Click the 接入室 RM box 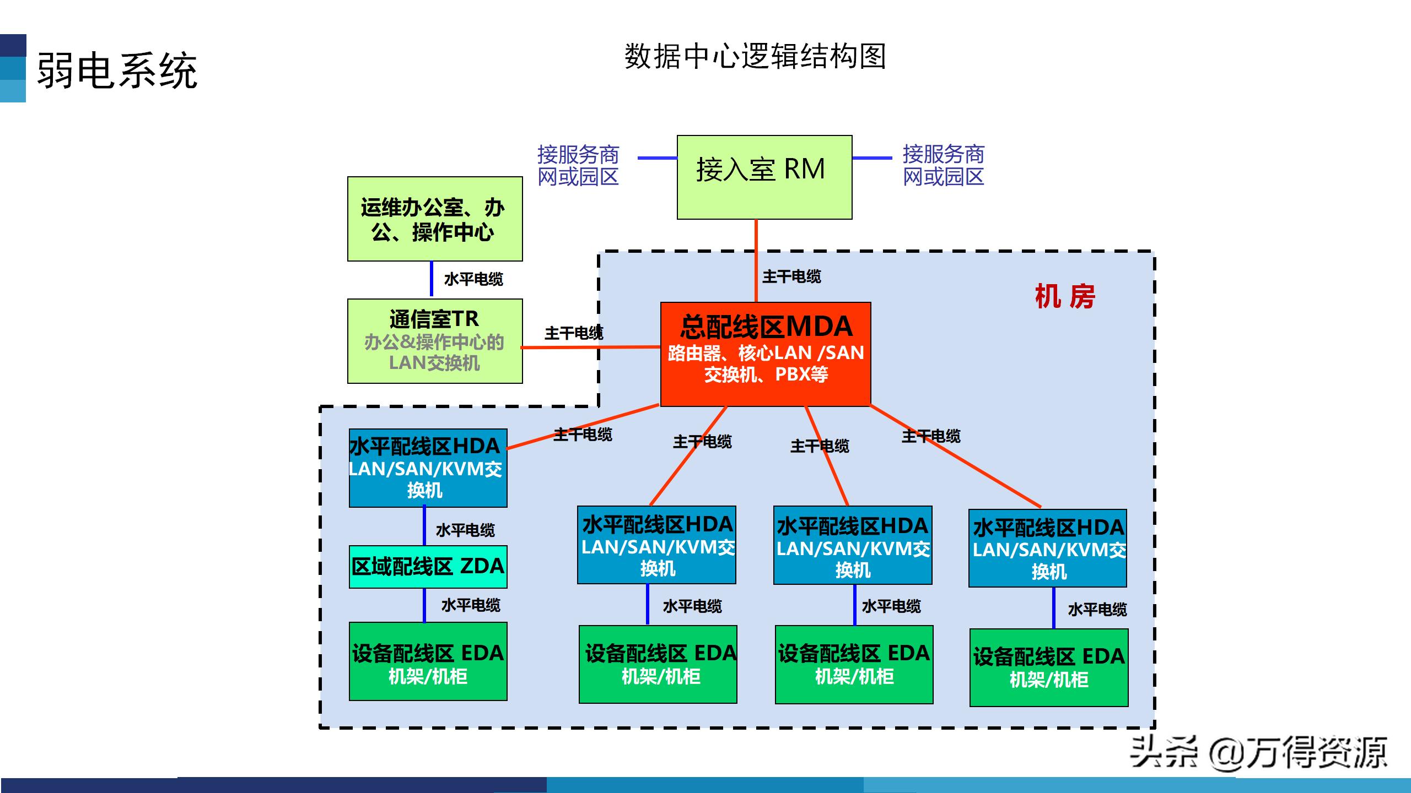[764, 177]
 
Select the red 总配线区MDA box [765, 354]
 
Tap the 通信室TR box [434, 341]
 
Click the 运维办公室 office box [434, 219]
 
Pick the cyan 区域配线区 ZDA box [428, 567]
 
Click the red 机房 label [1065, 297]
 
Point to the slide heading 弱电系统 [117, 70]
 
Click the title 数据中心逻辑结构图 [755, 56]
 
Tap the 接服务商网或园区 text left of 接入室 [578, 165]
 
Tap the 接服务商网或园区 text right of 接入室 [943, 165]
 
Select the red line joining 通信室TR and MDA [590, 347]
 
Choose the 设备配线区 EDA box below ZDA [428, 661]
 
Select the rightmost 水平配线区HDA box [1047, 548]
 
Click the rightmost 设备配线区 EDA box [1048, 667]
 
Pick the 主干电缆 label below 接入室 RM [791, 276]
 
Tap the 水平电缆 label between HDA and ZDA [465, 530]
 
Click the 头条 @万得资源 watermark [1258, 752]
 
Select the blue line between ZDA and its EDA [424, 605]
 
